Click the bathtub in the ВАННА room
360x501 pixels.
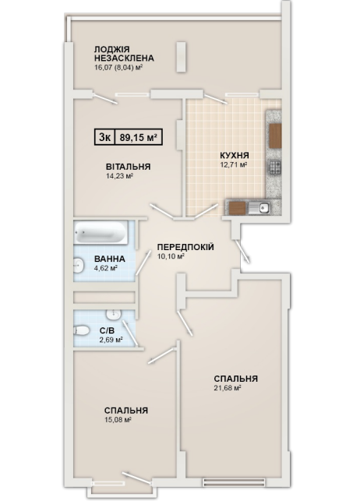101,232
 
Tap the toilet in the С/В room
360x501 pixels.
81,330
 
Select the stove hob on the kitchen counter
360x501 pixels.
275,167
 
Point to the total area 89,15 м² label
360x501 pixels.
139,137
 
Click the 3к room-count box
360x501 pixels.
104,137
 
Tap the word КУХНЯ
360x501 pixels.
234,156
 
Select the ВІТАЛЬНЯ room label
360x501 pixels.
128,167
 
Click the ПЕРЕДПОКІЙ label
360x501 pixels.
185,247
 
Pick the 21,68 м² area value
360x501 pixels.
227,388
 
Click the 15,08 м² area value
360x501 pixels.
118,419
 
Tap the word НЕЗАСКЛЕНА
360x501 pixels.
124,58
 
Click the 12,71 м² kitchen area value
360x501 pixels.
234,165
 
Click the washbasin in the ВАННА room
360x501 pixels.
79,266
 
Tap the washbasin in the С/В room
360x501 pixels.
113,315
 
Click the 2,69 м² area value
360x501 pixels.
111,340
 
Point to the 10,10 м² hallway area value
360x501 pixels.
171,256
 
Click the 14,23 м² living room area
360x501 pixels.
119,176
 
